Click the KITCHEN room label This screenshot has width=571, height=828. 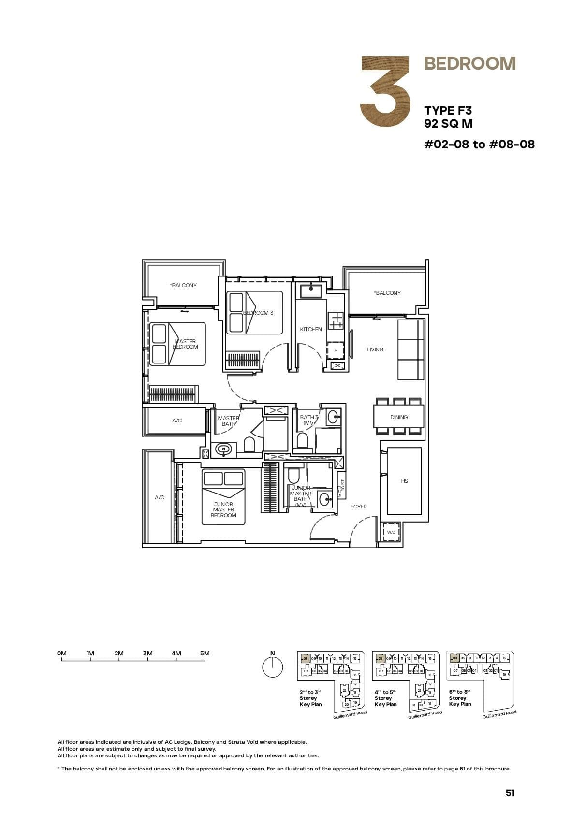click(x=310, y=329)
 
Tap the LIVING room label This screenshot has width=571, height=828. click(x=375, y=349)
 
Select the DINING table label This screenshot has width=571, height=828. click(x=399, y=417)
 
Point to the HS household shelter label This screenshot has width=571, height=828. click(x=404, y=481)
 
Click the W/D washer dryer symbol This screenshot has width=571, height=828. click(x=391, y=532)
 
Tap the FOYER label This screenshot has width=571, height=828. click(x=358, y=507)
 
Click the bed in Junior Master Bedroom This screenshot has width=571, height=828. click(x=223, y=497)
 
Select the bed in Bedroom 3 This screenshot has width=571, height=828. click(x=255, y=312)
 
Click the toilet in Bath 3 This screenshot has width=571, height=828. click(x=302, y=440)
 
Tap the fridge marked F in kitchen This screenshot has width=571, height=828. click(x=336, y=350)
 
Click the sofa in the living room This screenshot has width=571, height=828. click(x=410, y=349)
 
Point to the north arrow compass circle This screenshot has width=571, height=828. click(x=272, y=668)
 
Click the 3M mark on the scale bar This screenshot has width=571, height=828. click(x=147, y=653)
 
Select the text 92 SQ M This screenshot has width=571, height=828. click(x=448, y=124)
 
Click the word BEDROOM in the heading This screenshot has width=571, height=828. click(x=469, y=63)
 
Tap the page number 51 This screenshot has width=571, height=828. click(x=510, y=793)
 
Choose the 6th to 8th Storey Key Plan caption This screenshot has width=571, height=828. click(x=459, y=698)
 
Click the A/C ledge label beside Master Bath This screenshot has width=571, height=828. click(x=177, y=421)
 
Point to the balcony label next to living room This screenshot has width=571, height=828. click(x=387, y=293)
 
